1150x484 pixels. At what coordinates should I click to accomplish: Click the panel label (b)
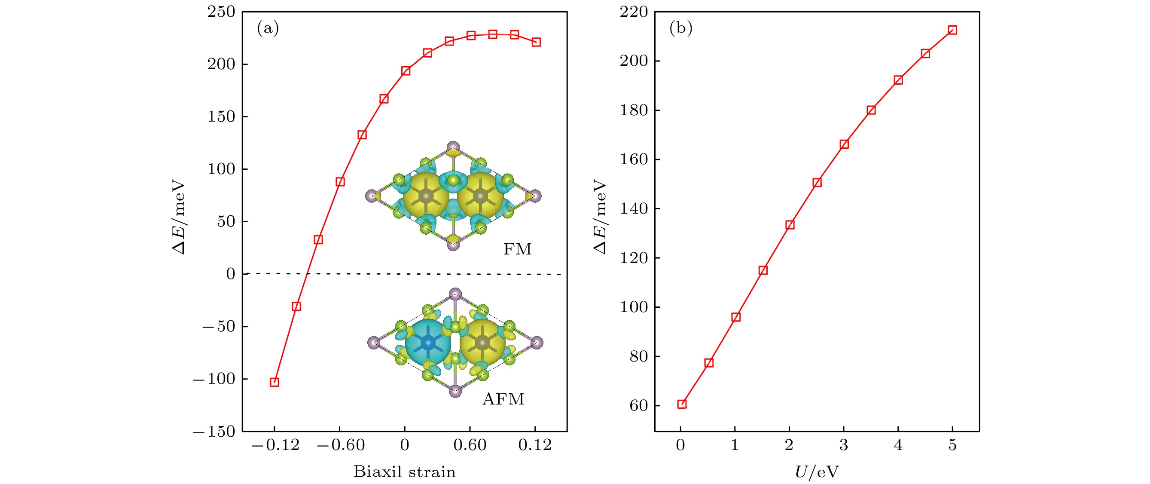pyautogui.click(x=680, y=28)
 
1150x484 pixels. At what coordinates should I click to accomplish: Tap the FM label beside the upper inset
pyautogui.click(x=517, y=249)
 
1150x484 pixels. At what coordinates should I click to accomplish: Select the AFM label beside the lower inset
pyautogui.click(x=503, y=399)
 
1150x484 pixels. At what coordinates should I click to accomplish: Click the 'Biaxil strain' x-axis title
pyautogui.click(x=405, y=472)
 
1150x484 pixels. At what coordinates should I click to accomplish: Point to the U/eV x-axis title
pyautogui.click(x=817, y=472)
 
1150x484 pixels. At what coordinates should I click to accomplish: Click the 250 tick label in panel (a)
pyautogui.click(x=221, y=12)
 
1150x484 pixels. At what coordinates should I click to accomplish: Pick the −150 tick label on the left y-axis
pyautogui.click(x=214, y=432)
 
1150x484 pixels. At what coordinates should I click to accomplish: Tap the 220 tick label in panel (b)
pyautogui.click(x=634, y=12)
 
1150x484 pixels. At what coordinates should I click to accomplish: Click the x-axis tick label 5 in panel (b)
pyautogui.click(x=952, y=445)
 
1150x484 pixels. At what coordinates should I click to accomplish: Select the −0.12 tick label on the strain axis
pyautogui.click(x=275, y=445)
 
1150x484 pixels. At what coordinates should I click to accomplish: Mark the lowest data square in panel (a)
pyautogui.click(x=275, y=382)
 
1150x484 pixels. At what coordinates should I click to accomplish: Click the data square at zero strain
pyautogui.click(x=406, y=71)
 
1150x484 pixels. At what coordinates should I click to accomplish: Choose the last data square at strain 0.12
pyautogui.click(x=536, y=42)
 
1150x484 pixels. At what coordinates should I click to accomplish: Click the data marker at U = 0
pyautogui.click(x=682, y=404)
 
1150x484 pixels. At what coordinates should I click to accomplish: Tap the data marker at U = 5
pyautogui.click(x=952, y=31)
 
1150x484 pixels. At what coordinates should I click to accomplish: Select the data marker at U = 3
pyautogui.click(x=844, y=144)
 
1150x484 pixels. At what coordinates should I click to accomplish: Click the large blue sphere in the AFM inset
pyautogui.click(x=428, y=343)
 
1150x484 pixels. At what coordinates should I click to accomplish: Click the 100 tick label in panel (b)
pyautogui.click(x=634, y=307)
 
